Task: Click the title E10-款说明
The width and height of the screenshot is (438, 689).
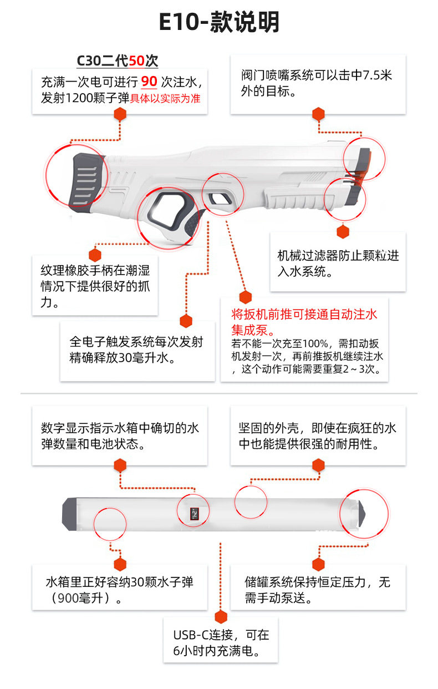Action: click(219, 23)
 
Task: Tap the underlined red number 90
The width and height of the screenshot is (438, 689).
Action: click(149, 82)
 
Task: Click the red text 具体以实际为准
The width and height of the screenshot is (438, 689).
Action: click(165, 99)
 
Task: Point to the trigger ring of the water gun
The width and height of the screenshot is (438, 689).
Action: click(166, 211)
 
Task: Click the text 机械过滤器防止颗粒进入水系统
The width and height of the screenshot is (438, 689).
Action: click(338, 264)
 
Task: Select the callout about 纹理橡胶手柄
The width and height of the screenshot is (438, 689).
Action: click(95, 287)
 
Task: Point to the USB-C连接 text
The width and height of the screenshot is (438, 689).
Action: click(221, 635)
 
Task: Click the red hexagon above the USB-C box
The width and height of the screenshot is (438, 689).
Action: click(221, 617)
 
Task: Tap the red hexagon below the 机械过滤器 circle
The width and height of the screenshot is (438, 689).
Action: click(343, 232)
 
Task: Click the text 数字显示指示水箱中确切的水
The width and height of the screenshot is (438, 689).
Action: click(120, 428)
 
